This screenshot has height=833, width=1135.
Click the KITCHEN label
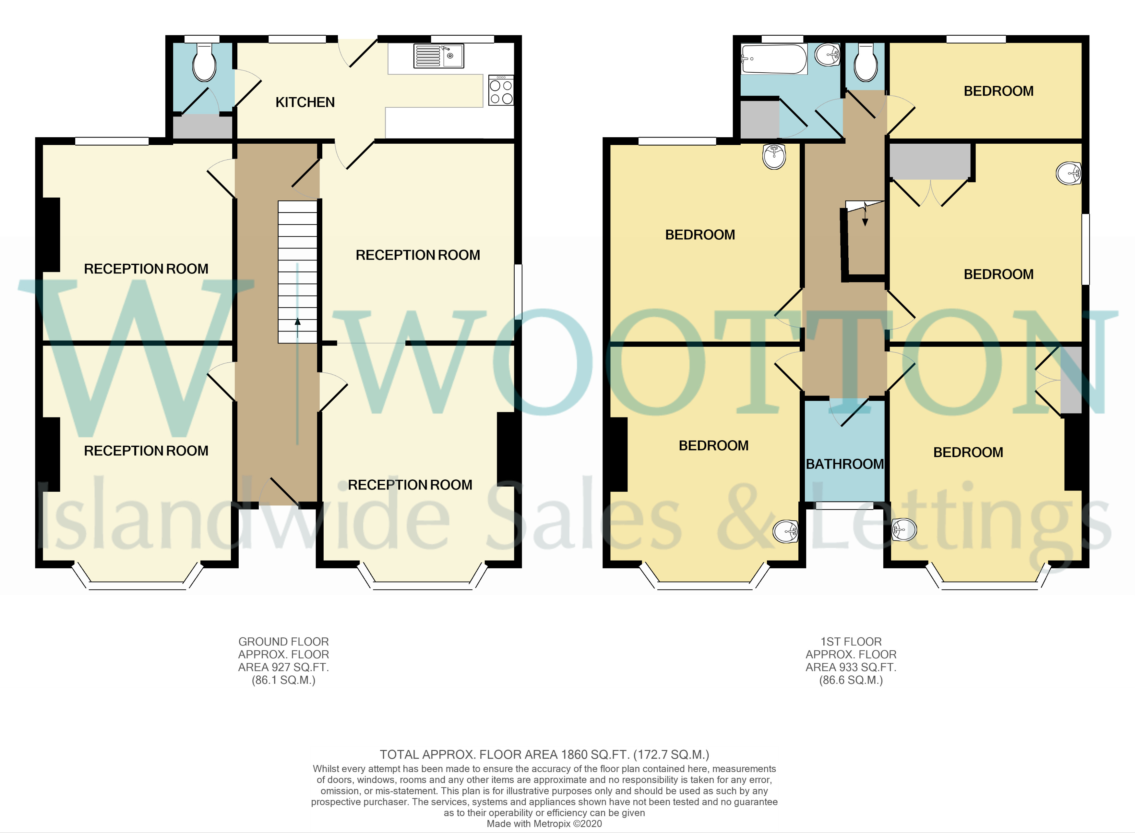coord(305,103)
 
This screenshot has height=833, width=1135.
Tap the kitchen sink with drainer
coord(438,56)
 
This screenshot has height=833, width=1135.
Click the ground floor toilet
coord(204,62)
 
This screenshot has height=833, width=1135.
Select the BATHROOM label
coord(845,464)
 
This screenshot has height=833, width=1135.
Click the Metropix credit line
coord(544,823)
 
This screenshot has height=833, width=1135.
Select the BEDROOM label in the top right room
coord(998,91)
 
